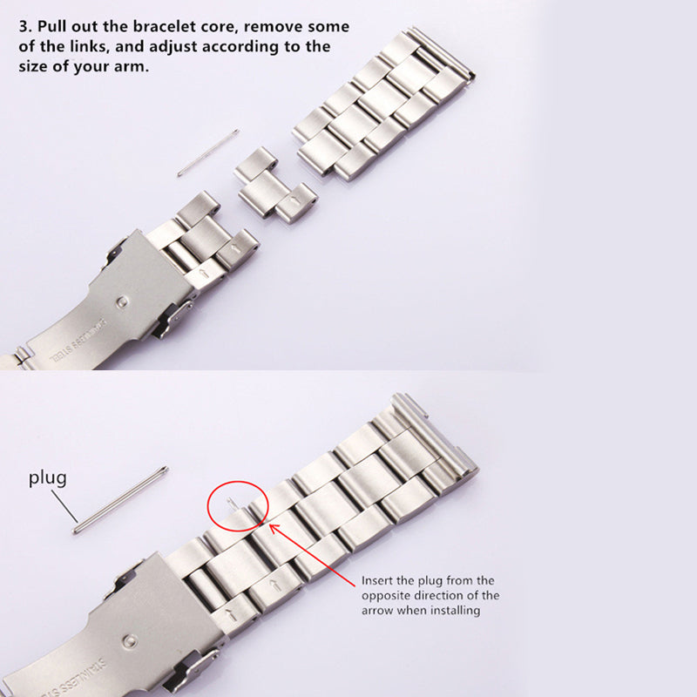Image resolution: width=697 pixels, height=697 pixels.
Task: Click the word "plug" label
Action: coord(48,478)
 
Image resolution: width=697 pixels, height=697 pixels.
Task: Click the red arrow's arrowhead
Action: coord(274,529)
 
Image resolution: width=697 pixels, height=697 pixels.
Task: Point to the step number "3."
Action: coord(26,27)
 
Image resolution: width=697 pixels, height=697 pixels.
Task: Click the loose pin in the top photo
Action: coord(208,153)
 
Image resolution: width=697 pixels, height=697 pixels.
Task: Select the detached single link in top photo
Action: coord(275,186)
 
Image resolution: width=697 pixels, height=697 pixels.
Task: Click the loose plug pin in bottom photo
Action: coord(120,499)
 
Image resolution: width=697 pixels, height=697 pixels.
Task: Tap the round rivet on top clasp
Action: coord(123,302)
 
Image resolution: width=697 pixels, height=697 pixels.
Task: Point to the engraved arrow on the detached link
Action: coord(294,202)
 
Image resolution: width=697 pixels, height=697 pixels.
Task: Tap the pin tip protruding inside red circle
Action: coord(231,504)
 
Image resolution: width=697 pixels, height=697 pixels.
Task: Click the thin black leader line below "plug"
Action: coord(64,505)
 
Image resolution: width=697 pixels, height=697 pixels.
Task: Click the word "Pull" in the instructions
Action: coord(51,26)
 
